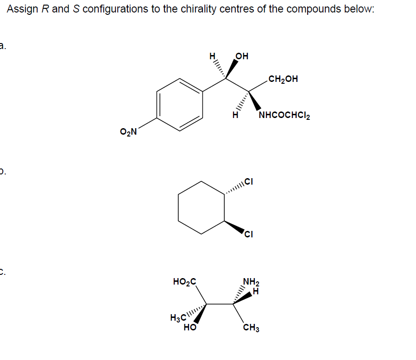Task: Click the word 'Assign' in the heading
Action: pyautogui.click(x=23, y=9)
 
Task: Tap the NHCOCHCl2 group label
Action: pyautogui.click(x=284, y=115)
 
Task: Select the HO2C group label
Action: pyautogui.click(x=184, y=281)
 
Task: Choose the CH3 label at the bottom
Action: pyautogui.click(x=251, y=329)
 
